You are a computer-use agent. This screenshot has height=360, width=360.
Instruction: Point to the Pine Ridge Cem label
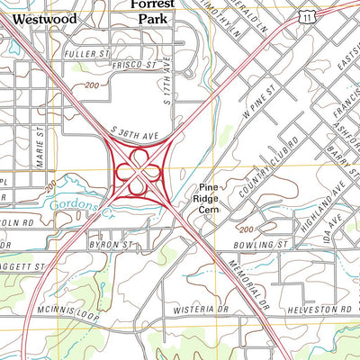pyautogui.click(x=210, y=198)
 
